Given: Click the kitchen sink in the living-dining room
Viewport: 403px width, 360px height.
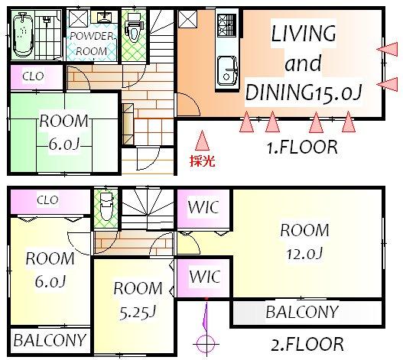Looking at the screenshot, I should [x=227, y=71].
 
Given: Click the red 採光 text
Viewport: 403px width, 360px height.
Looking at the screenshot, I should [x=201, y=161].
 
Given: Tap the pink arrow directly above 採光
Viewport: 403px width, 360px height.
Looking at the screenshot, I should [x=202, y=141].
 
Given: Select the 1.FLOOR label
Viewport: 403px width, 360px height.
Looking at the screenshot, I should [x=301, y=148].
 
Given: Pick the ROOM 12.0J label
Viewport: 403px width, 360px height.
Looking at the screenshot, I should [x=304, y=241].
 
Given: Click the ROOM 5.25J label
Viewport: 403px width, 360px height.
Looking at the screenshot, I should [x=138, y=300].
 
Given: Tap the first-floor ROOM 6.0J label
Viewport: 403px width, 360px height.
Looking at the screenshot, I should [x=64, y=131].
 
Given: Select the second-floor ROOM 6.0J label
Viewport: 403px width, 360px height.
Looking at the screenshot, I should [x=50, y=270].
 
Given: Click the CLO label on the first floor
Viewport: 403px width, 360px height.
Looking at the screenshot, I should [x=33, y=76].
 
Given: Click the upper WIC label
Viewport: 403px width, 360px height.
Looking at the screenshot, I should [x=203, y=207].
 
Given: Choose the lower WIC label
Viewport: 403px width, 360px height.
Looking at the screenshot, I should [x=203, y=274].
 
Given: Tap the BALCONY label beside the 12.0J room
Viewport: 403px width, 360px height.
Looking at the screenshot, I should [x=301, y=312].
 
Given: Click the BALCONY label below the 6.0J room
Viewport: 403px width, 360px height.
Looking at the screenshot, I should [x=49, y=339].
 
